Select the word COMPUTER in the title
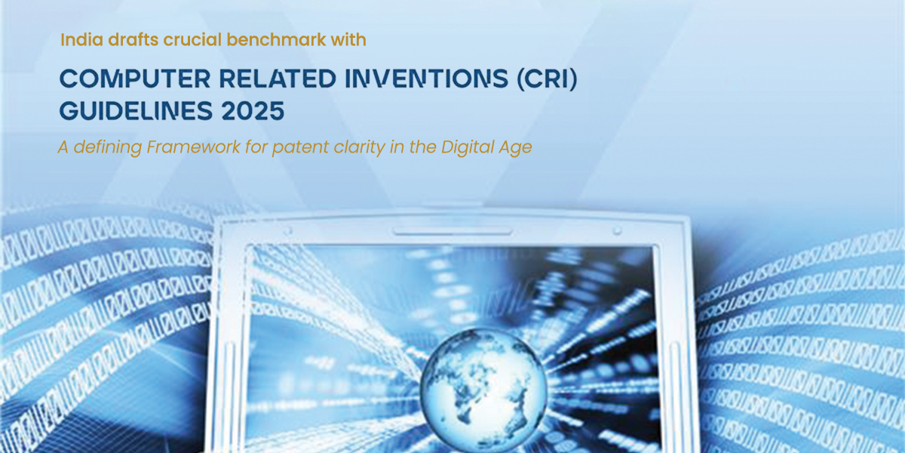135,79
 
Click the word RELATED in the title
278,79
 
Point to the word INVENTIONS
427,79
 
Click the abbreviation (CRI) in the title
548,79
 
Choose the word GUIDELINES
136,111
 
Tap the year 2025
253,111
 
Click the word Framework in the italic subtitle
194,146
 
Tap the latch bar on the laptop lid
452,233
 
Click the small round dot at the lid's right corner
617,230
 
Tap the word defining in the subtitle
107,148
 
